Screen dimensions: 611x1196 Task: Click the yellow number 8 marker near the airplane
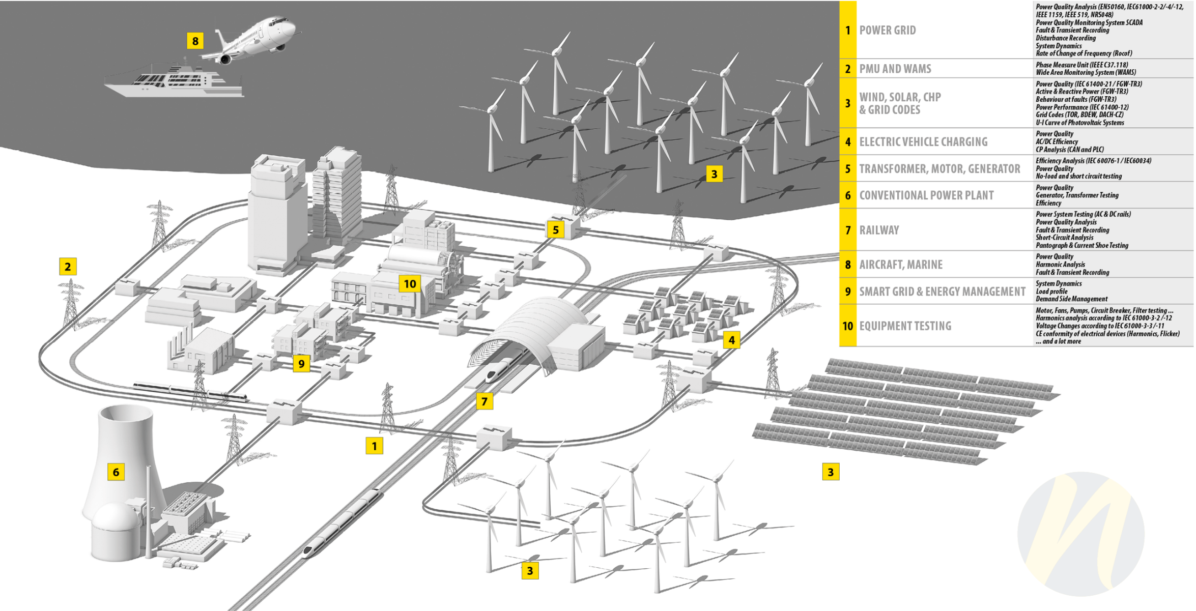pos(195,41)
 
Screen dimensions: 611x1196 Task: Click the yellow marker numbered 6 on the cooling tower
pos(116,472)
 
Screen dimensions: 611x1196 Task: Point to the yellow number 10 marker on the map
pos(410,284)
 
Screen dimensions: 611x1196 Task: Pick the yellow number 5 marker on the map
pos(555,230)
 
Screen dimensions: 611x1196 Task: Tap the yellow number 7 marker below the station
pos(485,401)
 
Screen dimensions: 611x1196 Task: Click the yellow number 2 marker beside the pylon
pos(68,267)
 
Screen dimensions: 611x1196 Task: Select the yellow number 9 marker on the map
pos(301,364)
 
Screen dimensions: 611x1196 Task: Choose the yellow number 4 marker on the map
pos(731,340)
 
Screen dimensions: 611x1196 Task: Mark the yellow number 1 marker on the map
pos(374,446)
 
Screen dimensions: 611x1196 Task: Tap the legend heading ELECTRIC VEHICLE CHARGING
pos(923,142)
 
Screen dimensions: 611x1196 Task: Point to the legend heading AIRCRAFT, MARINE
pos(901,265)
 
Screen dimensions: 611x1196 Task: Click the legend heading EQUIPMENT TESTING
pos(905,326)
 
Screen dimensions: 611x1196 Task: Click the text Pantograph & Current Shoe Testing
pos(1082,246)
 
